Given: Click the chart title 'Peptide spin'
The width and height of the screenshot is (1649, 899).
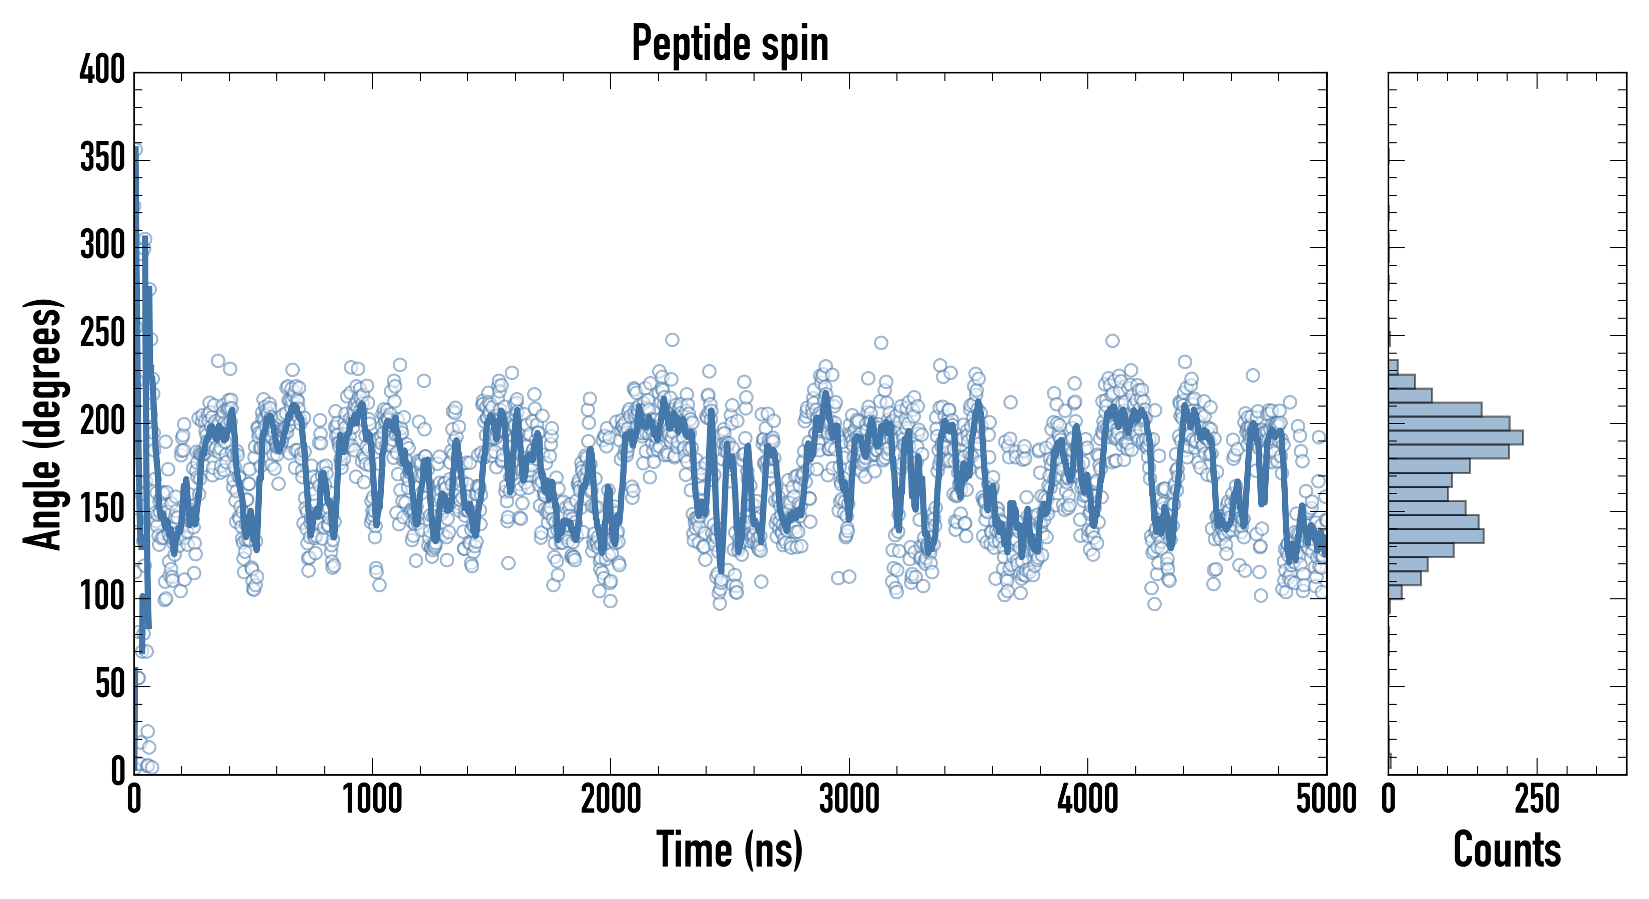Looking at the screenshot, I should [x=730, y=43].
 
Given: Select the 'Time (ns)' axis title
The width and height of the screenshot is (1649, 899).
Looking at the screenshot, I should [x=730, y=850].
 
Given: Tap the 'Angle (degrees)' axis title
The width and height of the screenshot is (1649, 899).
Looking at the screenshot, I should [x=43, y=424].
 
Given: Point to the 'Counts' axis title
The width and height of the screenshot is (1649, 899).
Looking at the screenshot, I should [x=1507, y=850].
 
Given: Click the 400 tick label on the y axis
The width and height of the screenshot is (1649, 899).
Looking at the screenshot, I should [x=102, y=70].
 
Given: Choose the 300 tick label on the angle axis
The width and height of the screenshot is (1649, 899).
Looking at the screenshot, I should [x=102, y=246].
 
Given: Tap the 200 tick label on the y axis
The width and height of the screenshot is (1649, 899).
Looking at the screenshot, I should [x=102, y=422].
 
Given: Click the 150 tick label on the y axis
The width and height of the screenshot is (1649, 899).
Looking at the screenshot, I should [x=102, y=509].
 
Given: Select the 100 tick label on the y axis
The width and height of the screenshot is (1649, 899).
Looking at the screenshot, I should [x=102, y=597].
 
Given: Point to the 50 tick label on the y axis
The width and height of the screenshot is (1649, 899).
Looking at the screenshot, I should [x=110, y=685].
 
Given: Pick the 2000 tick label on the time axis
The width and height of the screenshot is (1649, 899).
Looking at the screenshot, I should [x=611, y=800].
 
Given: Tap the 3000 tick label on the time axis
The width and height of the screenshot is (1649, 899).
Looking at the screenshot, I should [x=849, y=800].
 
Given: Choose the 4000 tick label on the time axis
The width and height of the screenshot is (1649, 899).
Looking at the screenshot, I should [x=1088, y=800].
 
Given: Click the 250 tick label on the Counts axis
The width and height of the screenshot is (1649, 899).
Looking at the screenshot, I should [x=1537, y=800].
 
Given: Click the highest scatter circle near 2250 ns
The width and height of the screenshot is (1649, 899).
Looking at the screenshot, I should [x=672, y=340].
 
